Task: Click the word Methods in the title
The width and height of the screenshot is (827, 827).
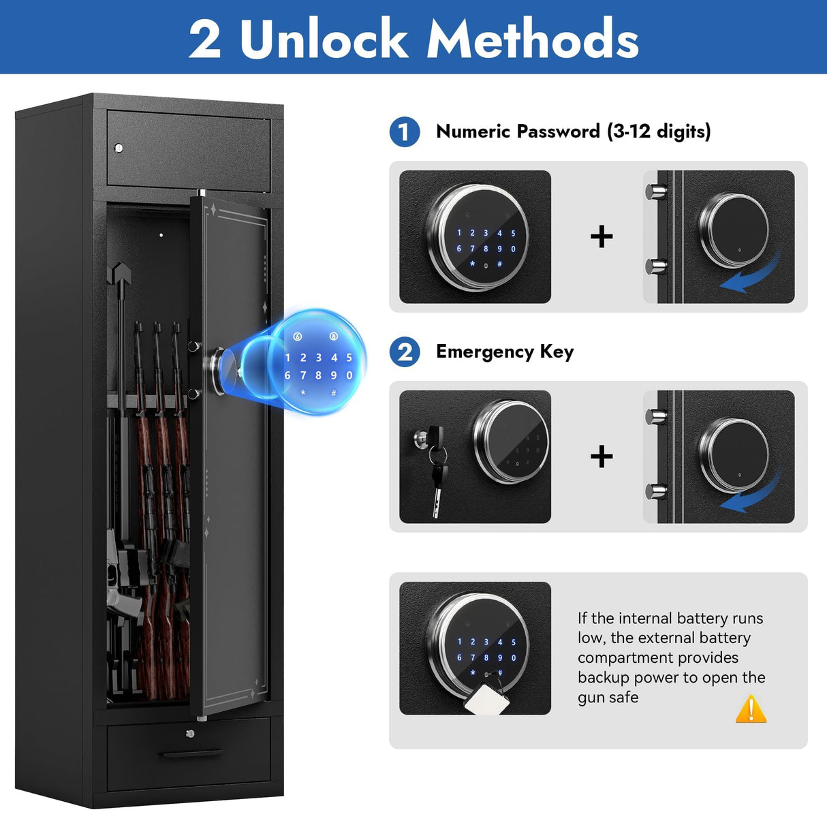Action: pyautogui.click(x=533, y=39)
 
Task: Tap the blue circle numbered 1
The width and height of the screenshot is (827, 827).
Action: pyautogui.click(x=405, y=131)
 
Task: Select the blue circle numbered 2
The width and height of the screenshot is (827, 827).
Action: pyautogui.click(x=405, y=352)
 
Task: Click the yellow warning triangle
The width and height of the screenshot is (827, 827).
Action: pyautogui.click(x=751, y=709)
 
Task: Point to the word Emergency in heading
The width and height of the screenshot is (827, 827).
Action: pyautogui.click(x=485, y=352)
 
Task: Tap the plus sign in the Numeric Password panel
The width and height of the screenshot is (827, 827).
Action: pyautogui.click(x=602, y=236)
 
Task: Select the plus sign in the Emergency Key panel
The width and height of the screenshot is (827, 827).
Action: pyautogui.click(x=602, y=456)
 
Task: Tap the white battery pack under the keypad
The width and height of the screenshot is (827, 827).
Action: pyautogui.click(x=488, y=698)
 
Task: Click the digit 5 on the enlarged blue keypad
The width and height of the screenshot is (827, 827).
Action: pyautogui.click(x=349, y=358)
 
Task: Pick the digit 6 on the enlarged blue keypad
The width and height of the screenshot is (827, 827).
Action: pyautogui.click(x=287, y=375)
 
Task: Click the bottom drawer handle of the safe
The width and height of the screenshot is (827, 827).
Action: pyautogui.click(x=191, y=754)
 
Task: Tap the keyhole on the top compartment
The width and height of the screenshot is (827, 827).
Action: pyautogui.click(x=119, y=148)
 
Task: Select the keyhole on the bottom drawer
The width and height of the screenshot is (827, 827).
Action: pyautogui.click(x=190, y=734)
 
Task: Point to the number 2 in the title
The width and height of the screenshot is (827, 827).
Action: pyautogui.click(x=205, y=39)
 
